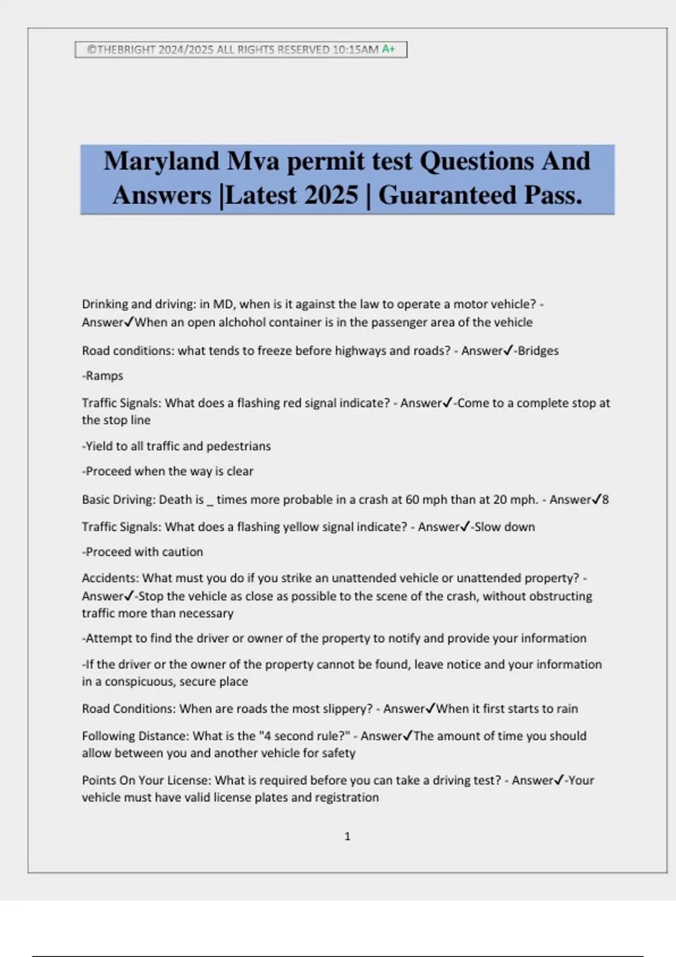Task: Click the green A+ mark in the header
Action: click(x=388, y=49)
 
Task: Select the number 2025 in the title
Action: click(x=331, y=195)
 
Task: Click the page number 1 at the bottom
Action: click(x=347, y=837)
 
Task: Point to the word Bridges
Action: click(x=538, y=351)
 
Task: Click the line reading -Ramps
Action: click(x=103, y=375)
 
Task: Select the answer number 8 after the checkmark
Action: click(x=606, y=499)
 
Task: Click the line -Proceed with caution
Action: click(x=143, y=552)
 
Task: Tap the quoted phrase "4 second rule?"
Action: click(x=304, y=736)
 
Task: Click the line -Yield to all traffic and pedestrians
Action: click(x=176, y=446)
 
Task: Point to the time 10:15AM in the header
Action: click(x=355, y=50)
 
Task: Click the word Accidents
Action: click(x=109, y=578)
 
